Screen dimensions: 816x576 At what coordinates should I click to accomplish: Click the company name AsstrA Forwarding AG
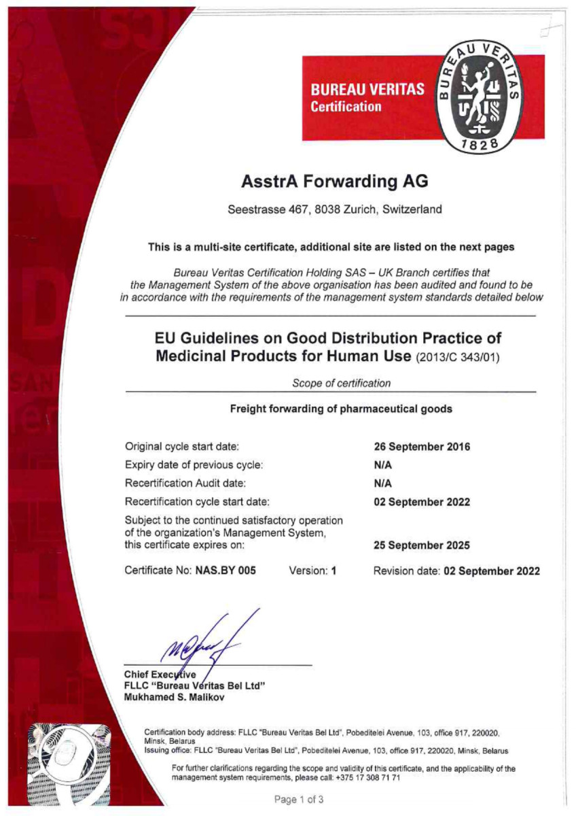[334, 182]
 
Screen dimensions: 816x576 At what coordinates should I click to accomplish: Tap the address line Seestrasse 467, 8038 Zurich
[334, 209]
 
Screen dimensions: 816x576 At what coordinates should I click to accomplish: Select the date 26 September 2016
[422, 447]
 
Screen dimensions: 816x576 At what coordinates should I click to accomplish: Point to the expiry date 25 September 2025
[422, 545]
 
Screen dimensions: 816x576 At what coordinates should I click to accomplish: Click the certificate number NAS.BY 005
[226, 571]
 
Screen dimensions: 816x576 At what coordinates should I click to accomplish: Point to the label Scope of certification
[341, 383]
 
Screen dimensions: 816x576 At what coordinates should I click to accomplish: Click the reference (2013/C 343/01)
[458, 357]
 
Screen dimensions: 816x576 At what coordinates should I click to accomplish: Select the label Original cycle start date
[181, 447]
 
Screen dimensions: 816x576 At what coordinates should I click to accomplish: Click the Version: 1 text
[313, 571]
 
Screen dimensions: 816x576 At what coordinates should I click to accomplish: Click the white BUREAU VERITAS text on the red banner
[367, 89]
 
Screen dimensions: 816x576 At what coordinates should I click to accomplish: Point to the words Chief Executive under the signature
[160, 674]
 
